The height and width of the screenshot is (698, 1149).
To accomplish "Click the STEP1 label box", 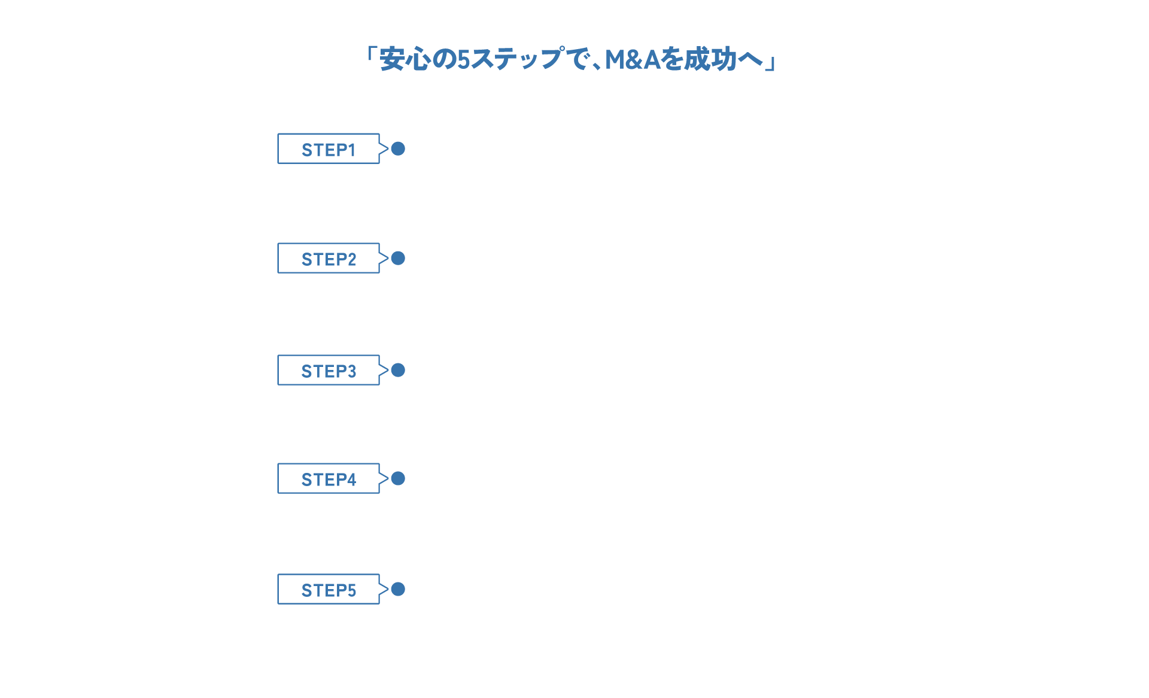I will (329, 149).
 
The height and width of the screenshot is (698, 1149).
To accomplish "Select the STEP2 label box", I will (329, 259).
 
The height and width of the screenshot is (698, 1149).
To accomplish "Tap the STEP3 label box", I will (329, 371).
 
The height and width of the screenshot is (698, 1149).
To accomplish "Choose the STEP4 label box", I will (329, 479).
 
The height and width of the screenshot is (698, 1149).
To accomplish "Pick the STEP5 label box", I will (329, 590).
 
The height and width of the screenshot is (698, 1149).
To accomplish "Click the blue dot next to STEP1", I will (398, 148).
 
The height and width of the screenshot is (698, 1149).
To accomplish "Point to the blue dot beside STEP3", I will (398, 370).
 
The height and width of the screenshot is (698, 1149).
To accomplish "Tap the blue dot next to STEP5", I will (398, 589).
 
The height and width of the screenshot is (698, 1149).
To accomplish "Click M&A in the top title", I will (632, 59).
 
